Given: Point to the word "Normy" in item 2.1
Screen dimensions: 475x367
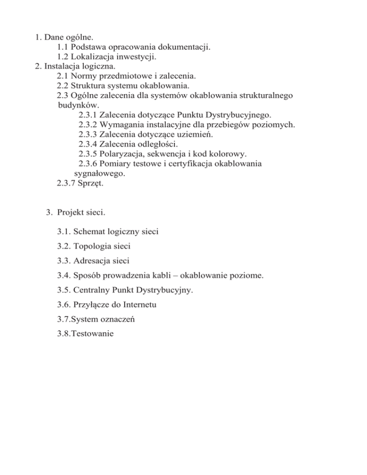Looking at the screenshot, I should click(x=83, y=76).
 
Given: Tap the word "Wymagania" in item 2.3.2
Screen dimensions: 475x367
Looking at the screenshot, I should click(x=120, y=125).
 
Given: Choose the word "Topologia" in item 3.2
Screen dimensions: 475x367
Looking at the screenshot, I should click(x=94, y=247).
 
